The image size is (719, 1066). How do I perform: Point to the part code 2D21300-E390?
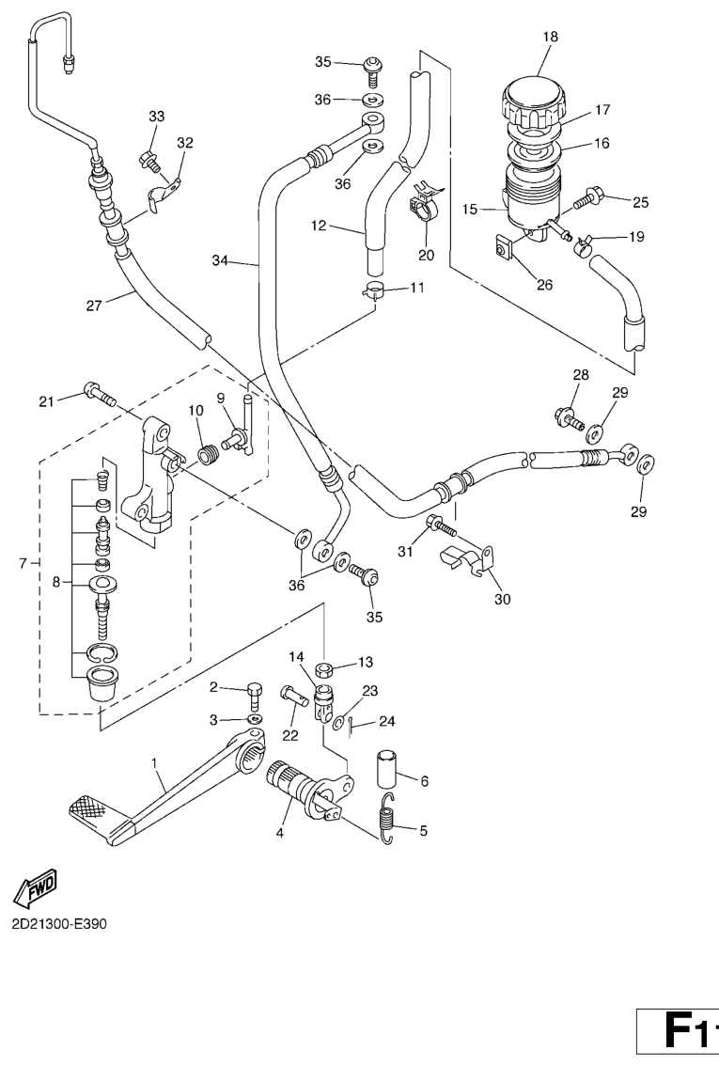point(59,923)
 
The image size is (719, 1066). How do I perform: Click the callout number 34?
point(219,259)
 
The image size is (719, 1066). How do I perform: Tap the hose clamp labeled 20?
point(422,204)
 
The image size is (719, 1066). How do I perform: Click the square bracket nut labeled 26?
point(505,249)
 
